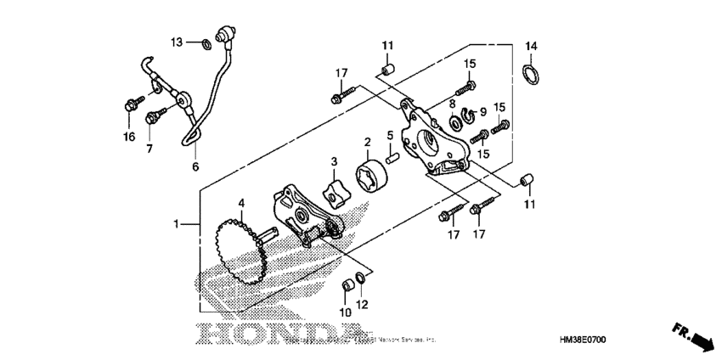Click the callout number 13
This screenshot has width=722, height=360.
[177, 42]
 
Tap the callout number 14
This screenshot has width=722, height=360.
[531, 45]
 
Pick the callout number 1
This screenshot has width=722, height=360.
[177, 224]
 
